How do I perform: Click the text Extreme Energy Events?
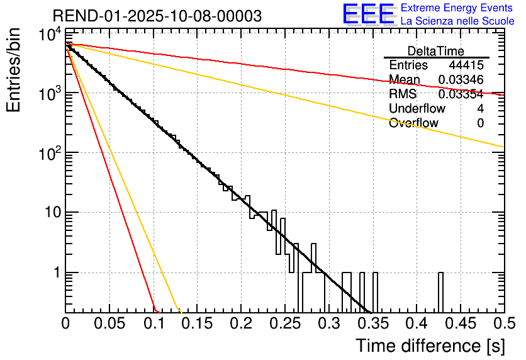(x=457, y=8)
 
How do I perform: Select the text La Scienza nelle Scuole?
(x=457, y=21)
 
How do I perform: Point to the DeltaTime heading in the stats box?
(x=435, y=51)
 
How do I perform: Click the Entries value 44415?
(x=466, y=65)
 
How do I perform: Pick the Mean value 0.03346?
(x=461, y=80)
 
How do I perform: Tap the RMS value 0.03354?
(x=461, y=94)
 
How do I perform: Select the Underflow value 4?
(x=480, y=109)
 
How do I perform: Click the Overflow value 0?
(x=480, y=123)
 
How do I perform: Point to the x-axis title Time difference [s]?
(x=429, y=346)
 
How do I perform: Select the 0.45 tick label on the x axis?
(x=459, y=324)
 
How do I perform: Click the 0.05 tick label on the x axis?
(x=109, y=324)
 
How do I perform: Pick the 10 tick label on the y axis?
(x=48, y=213)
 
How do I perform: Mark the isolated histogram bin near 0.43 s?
(x=440, y=292)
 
